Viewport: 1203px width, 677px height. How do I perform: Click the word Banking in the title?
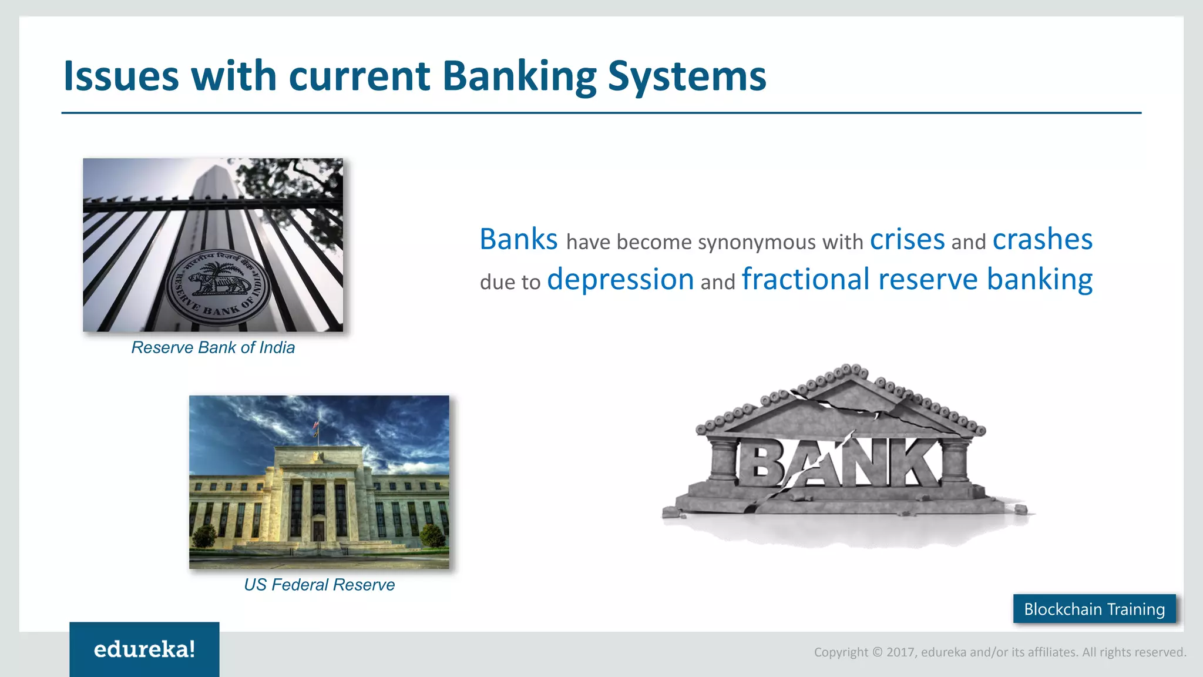click(520, 77)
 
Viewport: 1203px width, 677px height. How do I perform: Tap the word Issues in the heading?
click(120, 77)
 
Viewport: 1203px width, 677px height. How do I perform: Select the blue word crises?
click(907, 240)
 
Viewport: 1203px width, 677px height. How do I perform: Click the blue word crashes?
click(1042, 240)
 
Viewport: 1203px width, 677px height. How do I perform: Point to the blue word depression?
click(620, 280)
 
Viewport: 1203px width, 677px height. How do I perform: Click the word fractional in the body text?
click(805, 280)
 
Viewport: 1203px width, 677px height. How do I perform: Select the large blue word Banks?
click(518, 240)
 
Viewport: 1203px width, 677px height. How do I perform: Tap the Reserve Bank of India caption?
click(213, 348)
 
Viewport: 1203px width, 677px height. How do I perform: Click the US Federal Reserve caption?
click(319, 585)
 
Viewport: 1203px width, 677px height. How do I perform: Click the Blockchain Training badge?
click(1094, 609)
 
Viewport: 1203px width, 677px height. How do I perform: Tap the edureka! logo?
click(145, 649)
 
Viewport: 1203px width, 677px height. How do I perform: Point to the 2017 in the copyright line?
click(900, 652)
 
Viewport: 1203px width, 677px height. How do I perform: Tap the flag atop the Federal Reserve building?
click(316, 424)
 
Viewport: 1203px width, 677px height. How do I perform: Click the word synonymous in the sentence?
click(758, 242)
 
